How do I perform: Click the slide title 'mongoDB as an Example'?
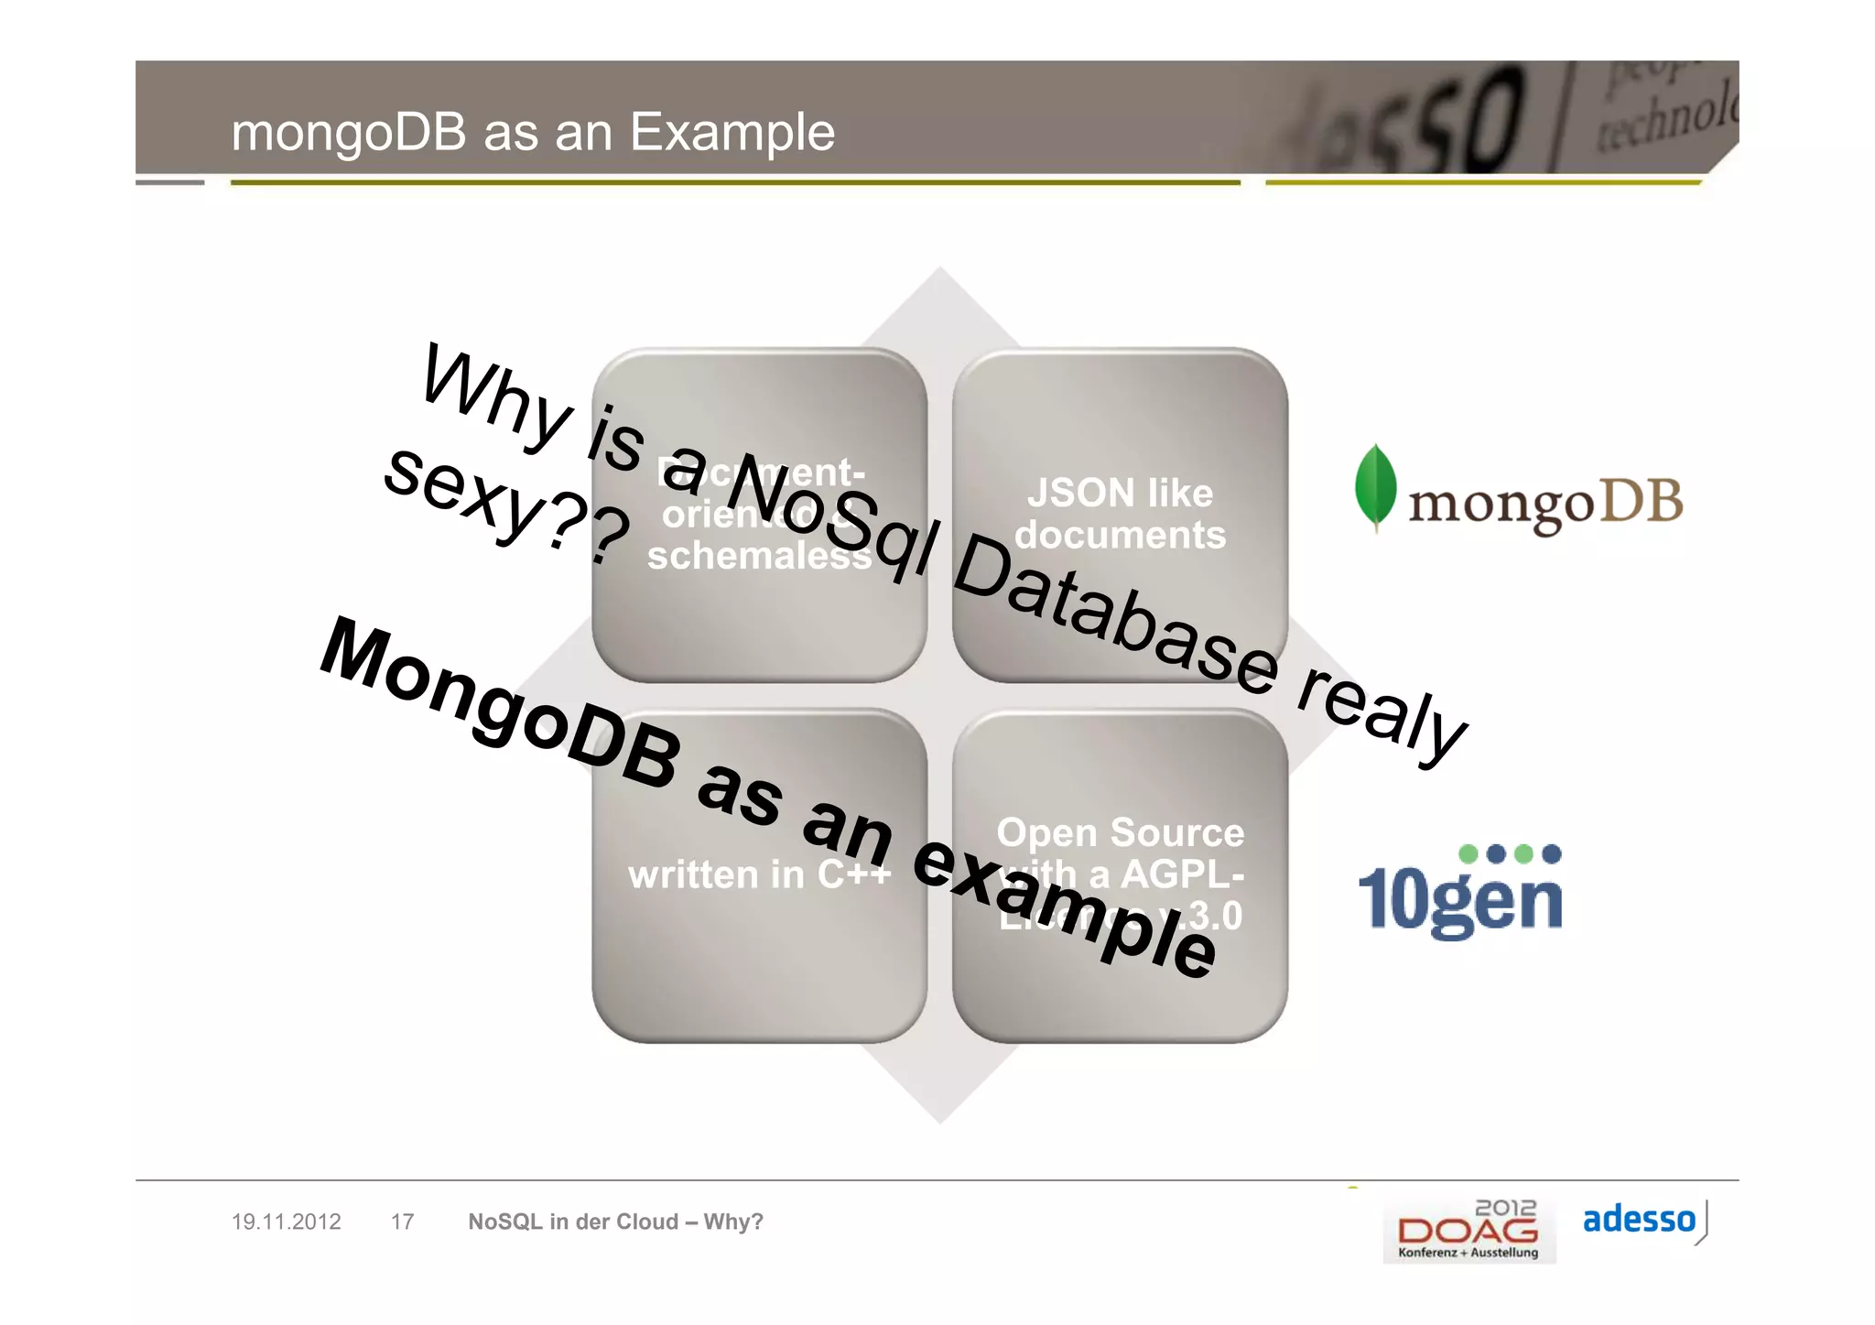point(533,132)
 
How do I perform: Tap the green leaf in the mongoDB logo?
point(1375,485)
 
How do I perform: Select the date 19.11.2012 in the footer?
point(286,1222)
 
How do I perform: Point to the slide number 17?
point(402,1222)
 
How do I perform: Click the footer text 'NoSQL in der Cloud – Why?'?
point(615,1222)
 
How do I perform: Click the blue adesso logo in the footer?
point(1639,1220)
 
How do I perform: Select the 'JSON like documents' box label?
point(1120,514)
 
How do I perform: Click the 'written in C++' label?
point(758,874)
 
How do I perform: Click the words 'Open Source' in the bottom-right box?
point(1120,832)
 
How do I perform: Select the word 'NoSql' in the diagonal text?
point(829,517)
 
